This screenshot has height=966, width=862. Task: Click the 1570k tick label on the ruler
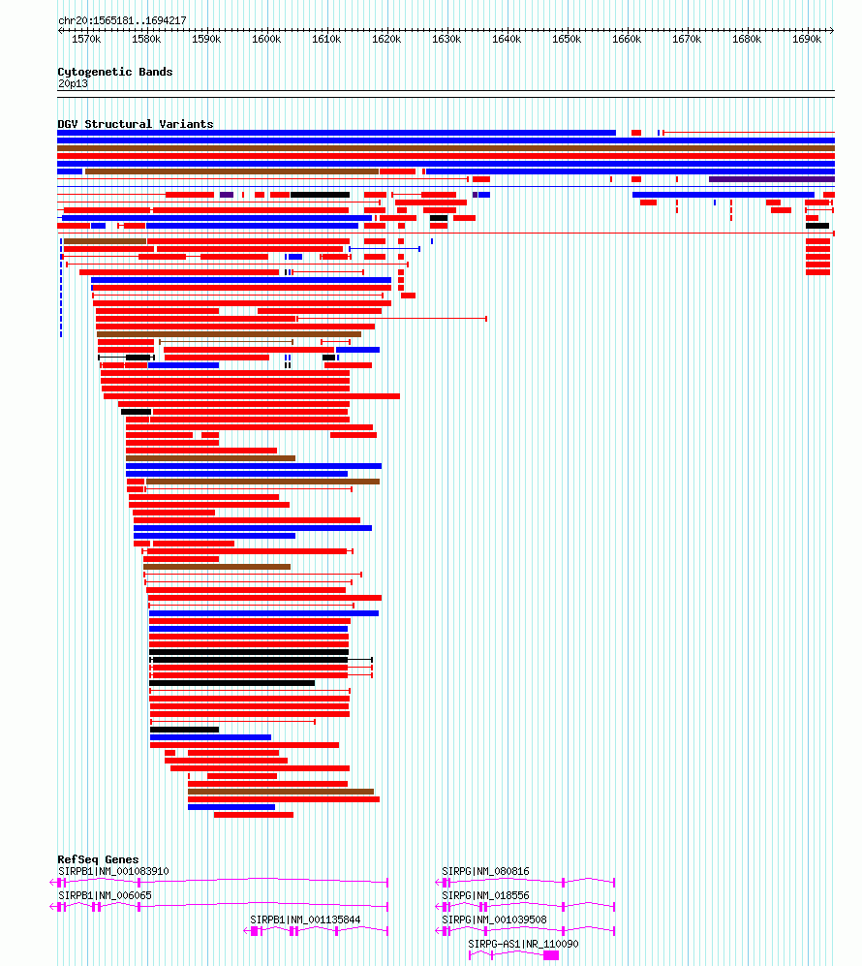click(86, 40)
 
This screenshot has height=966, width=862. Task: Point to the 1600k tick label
click(266, 40)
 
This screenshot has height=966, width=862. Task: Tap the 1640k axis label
click(507, 40)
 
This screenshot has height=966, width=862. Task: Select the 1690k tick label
click(807, 40)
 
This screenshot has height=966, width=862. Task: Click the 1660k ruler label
click(627, 40)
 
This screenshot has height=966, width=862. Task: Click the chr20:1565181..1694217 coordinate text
click(122, 20)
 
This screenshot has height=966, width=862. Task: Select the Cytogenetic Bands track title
click(114, 72)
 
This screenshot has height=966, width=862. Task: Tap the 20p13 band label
click(73, 83)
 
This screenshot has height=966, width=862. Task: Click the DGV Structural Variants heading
click(135, 124)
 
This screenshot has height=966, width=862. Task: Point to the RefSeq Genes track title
click(98, 859)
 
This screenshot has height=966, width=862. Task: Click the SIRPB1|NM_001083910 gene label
click(113, 871)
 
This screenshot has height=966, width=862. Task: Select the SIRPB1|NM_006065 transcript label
click(105, 895)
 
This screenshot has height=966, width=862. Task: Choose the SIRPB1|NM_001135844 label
click(305, 919)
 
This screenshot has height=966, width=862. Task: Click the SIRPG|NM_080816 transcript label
click(485, 871)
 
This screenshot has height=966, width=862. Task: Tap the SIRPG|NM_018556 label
click(485, 895)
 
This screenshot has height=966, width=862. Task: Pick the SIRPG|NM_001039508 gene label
click(494, 919)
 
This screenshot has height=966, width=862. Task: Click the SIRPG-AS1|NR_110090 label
click(523, 944)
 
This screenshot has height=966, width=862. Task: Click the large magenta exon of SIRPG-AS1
click(551, 955)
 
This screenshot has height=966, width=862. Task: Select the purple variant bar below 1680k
click(771, 179)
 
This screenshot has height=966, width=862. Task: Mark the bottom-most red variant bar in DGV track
click(254, 815)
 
